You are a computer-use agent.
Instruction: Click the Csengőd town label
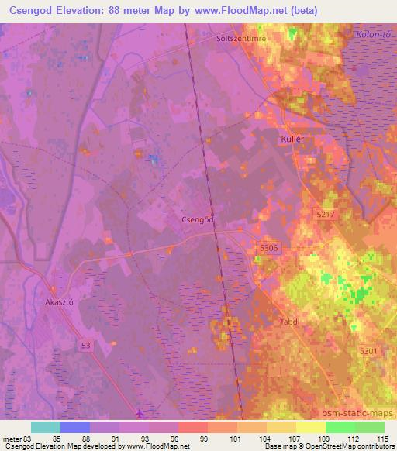point(197,219)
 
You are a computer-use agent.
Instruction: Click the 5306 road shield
point(268,247)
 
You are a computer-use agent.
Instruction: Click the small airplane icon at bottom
point(139,413)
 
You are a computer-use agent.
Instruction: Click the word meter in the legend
point(15,439)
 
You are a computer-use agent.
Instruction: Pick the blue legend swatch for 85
point(74,427)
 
